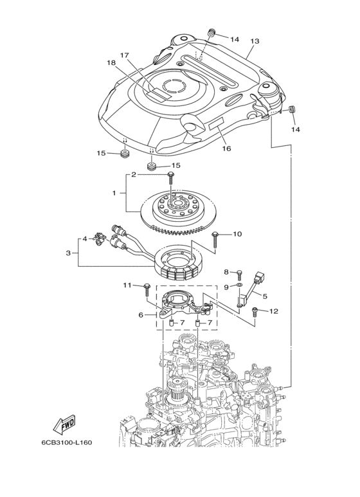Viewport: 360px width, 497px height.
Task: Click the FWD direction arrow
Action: click(64, 424)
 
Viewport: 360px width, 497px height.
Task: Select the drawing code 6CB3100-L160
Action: click(67, 442)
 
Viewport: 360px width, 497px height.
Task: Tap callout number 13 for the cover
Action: click(255, 41)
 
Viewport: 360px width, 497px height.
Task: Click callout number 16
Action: click(226, 148)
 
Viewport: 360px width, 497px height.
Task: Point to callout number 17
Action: click(125, 55)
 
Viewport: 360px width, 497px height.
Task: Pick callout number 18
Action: click(112, 63)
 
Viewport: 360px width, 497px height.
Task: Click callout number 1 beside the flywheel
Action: click(114, 193)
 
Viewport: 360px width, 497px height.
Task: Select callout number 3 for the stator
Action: click(68, 253)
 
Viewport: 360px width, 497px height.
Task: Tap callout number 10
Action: click(237, 234)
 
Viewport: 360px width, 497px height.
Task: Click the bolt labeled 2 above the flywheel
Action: click(171, 178)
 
